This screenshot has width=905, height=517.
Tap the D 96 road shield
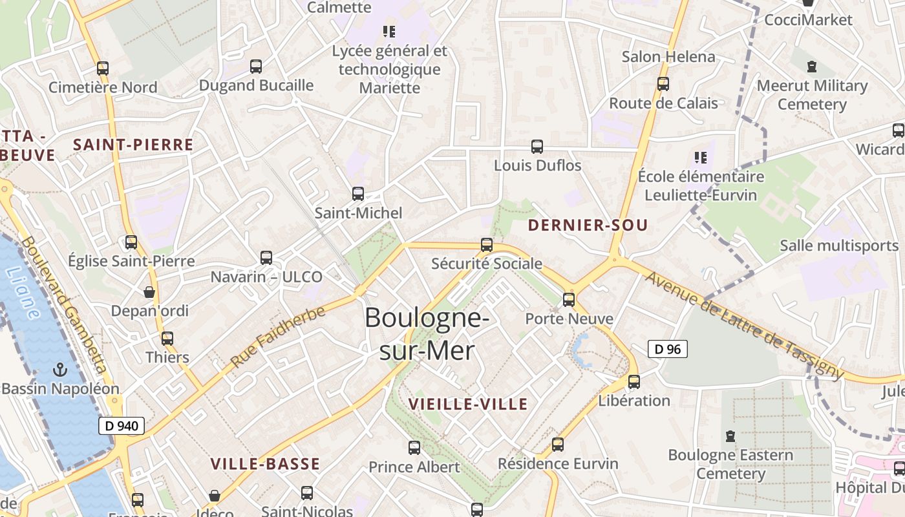667,350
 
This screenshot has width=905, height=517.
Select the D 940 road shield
122,426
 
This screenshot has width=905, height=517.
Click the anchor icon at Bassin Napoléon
60,370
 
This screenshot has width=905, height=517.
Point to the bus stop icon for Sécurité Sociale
487,245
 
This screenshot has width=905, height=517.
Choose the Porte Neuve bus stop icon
569,300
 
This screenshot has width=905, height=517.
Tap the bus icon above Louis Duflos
537,147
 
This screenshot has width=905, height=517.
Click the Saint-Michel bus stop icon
358,194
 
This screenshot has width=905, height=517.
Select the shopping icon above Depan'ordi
149,292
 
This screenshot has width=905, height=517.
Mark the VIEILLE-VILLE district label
468,405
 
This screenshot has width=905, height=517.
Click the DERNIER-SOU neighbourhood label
588,226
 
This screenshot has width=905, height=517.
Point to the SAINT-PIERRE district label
133,145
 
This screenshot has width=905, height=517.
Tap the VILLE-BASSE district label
265,464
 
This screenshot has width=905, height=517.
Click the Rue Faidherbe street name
277,337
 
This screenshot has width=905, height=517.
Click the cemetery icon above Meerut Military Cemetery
812,66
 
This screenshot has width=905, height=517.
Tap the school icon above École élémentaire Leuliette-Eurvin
700,157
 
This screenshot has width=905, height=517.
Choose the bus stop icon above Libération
634,382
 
